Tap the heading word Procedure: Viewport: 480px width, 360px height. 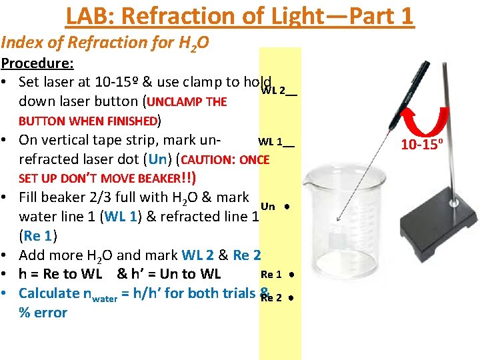[x=37, y=64]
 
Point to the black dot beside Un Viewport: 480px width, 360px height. [x=285, y=207]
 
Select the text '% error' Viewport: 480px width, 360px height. [x=43, y=313]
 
